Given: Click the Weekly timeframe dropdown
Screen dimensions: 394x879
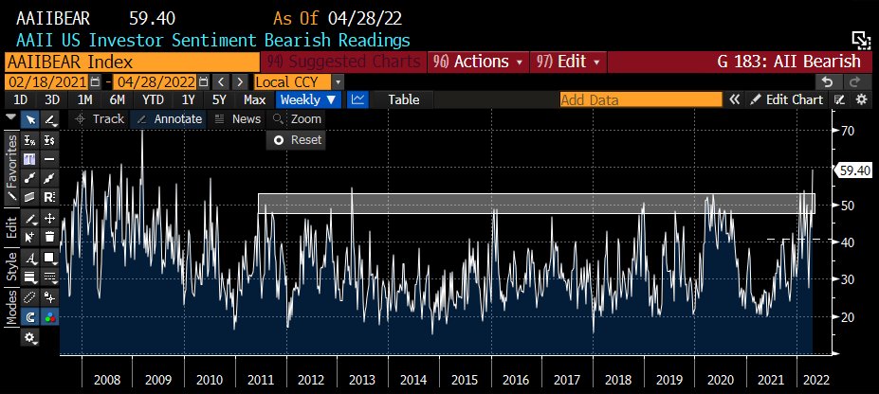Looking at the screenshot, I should [x=307, y=99].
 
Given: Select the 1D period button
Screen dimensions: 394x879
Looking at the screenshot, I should [x=19, y=99].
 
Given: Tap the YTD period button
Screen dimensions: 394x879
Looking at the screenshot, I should [x=151, y=99].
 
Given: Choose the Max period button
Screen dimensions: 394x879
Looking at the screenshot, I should [x=254, y=99].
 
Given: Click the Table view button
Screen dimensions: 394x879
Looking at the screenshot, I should [x=403, y=99].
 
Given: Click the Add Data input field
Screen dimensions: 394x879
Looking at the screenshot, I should [x=640, y=99].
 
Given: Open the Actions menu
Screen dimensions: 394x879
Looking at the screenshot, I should [x=478, y=62].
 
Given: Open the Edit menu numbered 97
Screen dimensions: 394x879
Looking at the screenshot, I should [x=567, y=62].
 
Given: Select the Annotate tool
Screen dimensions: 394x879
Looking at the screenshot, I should [x=169, y=119].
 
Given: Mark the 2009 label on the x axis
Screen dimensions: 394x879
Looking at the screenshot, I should [x=157, y=379].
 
